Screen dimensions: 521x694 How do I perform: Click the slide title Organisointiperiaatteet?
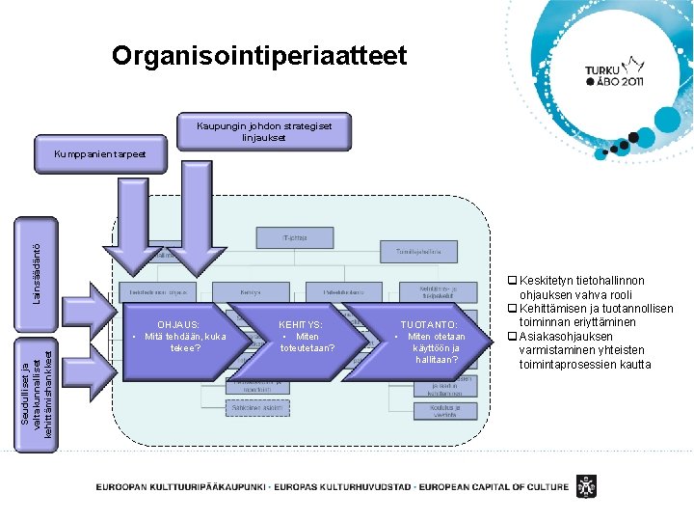259,55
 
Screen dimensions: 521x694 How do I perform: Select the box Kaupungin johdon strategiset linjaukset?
263,131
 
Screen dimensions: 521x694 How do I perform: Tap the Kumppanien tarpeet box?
100,154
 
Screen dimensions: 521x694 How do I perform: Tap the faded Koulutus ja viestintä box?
445,411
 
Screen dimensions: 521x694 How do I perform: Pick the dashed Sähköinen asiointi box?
256,408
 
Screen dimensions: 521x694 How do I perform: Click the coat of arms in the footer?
585,484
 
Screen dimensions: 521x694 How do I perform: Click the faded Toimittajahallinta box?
417,251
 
